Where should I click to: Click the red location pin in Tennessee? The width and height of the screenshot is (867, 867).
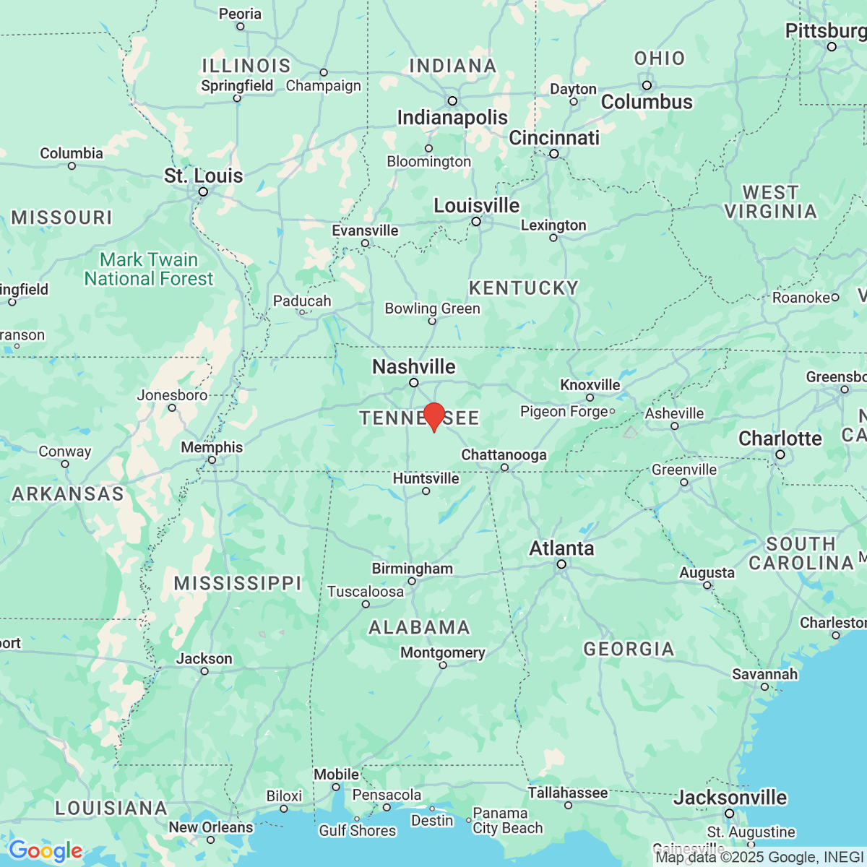(433, 416)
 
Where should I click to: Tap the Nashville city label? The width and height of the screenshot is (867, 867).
(413, 366)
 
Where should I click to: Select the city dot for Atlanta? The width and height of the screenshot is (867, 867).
(561, 564)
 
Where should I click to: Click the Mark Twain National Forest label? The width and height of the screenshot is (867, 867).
(149, 269)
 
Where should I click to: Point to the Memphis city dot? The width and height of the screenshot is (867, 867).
(212, 460)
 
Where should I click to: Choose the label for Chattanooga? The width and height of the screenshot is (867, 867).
(504, 454)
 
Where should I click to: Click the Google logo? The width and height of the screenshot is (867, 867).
(45, 850)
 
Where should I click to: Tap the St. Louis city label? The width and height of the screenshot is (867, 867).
(203, 176)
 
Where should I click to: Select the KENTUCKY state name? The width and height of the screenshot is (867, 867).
(524, 288)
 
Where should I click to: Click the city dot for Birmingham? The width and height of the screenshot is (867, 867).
(412, 581)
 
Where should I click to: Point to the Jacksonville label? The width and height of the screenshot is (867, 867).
(730, 798)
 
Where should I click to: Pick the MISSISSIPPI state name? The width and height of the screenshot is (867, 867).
(238, 583)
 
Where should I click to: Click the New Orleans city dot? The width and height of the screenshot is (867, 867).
(210, 840)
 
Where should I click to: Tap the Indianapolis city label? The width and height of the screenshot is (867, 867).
(452, 118)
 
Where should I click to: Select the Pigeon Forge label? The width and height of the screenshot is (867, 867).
(564, 412)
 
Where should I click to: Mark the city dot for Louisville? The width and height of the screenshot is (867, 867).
(476, 222)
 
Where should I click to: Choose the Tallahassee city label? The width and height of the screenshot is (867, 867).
(567, 793)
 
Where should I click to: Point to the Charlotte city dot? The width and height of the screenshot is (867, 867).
(780, 454)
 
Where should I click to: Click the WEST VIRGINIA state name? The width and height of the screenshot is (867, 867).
(770, 202)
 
